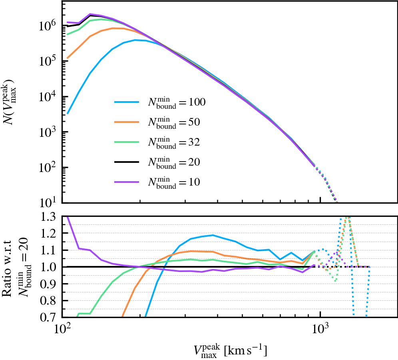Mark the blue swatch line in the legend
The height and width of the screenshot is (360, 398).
pyautogui.click(x=126, y=103)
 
